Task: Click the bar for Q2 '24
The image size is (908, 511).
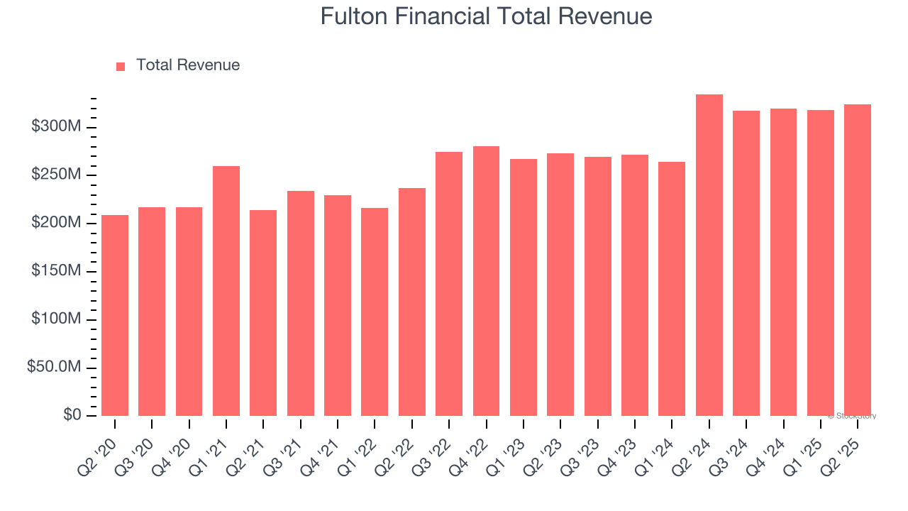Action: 709,255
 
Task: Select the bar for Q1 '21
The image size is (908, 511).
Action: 226,291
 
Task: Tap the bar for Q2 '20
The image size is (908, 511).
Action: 115,315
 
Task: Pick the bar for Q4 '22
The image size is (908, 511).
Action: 486,281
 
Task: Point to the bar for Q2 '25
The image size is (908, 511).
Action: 857,260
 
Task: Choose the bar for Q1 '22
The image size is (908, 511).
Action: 375,312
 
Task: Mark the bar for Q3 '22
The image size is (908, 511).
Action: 449,284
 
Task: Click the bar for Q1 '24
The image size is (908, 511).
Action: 672,289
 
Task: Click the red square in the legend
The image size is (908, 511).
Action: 121,66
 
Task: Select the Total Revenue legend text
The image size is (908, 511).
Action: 188,65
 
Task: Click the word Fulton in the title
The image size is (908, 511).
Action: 355,16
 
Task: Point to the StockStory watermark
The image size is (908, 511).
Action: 852,416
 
